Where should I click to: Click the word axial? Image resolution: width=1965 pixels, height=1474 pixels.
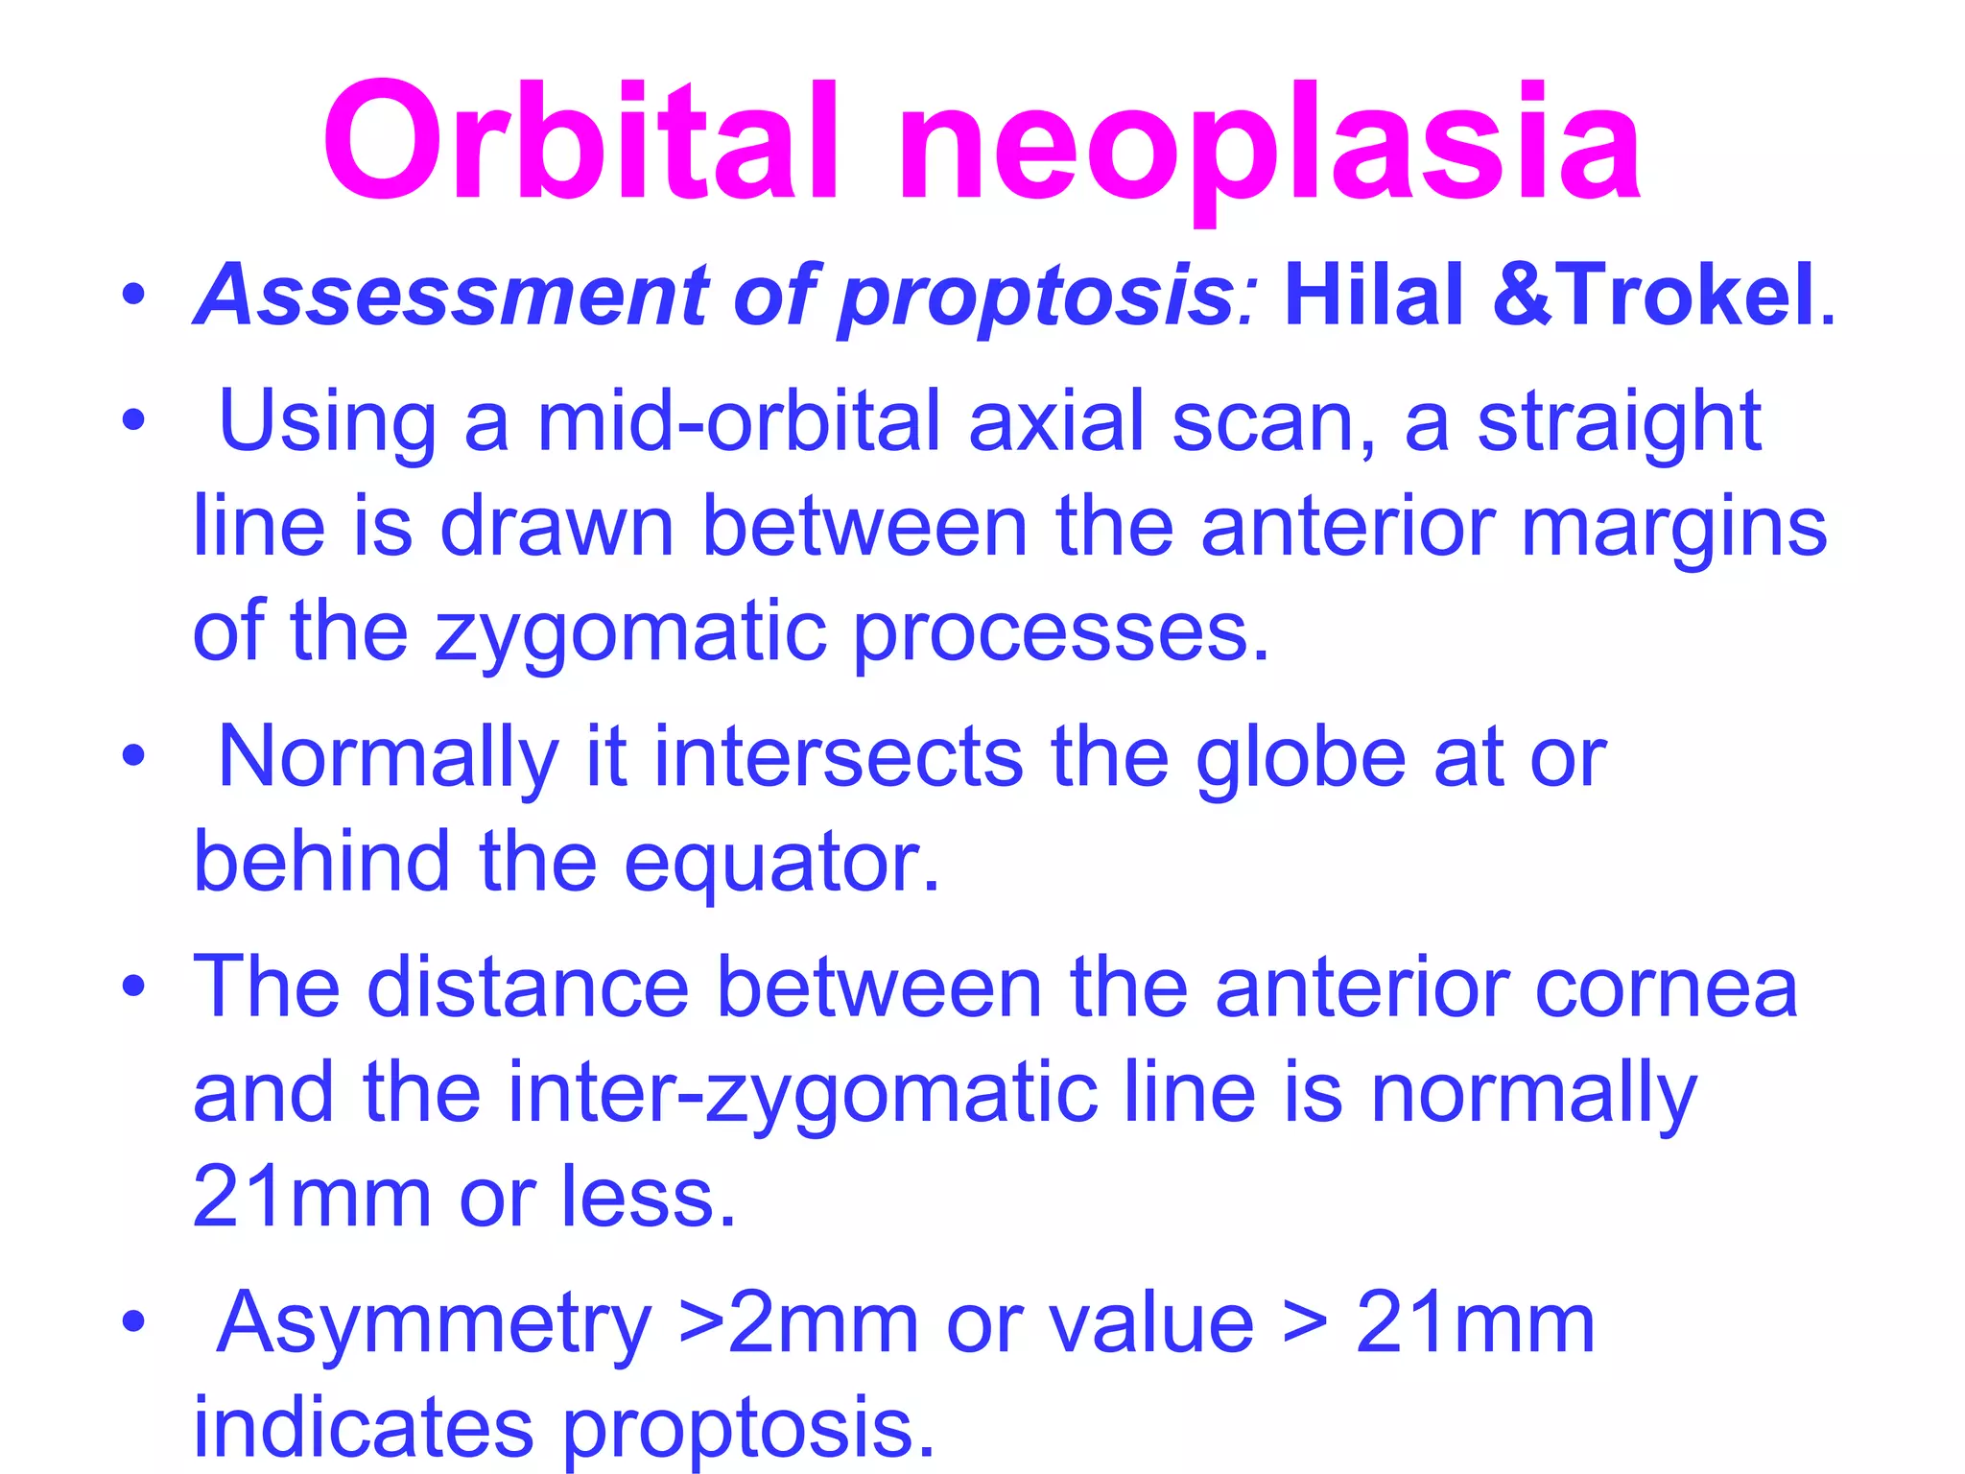point(1056,422)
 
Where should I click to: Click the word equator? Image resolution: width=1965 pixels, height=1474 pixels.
point(781,864)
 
